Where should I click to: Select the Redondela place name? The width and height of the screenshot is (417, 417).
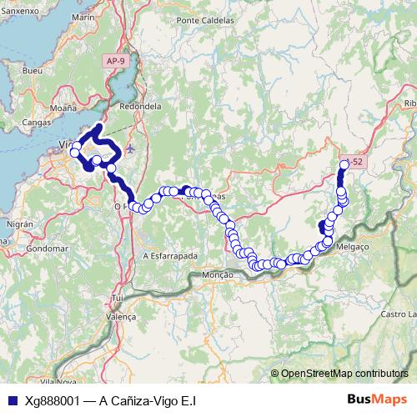[x=140, y=107]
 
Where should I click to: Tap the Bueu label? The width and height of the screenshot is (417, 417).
[x=33, y=72]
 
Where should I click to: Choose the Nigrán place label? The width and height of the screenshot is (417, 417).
[x=20, y=224]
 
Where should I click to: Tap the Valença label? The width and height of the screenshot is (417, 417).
[x=122, y=317]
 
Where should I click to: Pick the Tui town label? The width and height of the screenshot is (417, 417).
[x=118, y=298]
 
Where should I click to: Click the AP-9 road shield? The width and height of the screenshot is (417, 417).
[x=116, y=61]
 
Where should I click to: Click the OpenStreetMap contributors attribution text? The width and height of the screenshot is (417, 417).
[x=345, y=374]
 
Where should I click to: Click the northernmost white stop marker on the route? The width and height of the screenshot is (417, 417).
[x=344, y=165]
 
